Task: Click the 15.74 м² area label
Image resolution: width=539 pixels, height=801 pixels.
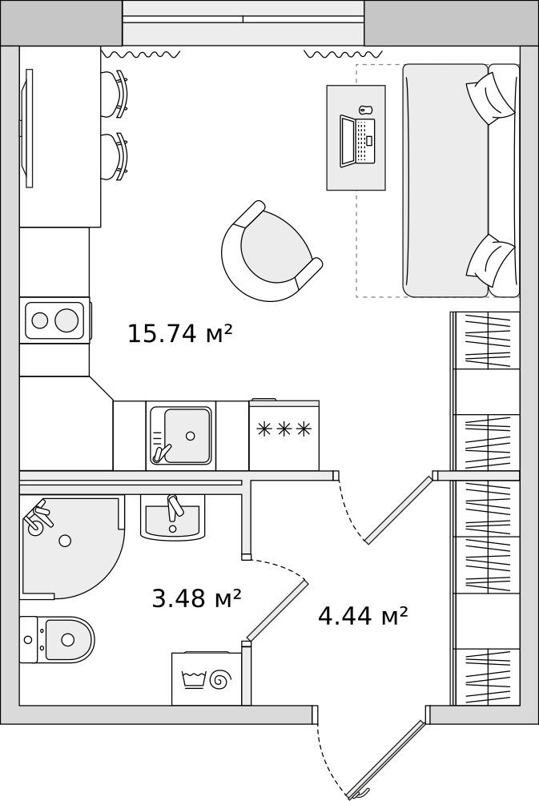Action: [x=179, y=333]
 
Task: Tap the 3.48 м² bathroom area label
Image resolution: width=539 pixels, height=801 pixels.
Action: [x=197, y=598]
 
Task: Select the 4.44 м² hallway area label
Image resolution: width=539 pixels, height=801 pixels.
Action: [x=363, y=615]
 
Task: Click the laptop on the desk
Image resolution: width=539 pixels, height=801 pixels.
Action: [x=357, y=141]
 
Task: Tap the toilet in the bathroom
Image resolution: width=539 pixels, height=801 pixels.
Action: [x=57, y=639]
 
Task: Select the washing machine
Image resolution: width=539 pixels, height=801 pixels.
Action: [x=207, y=678]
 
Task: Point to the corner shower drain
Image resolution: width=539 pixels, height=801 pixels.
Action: [x=65, y=541]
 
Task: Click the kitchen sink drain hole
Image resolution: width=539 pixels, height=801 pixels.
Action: [x=191, y=436]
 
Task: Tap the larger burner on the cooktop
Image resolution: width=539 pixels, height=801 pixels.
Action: [x=67, y=320]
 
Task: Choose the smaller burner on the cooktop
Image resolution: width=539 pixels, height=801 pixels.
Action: [x=40, y=320]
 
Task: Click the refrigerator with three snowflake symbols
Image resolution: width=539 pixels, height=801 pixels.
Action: [x=284, y=435]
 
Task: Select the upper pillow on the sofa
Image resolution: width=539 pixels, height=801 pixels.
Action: [x=489, y=98]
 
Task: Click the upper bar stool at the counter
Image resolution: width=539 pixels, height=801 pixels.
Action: [x=115, y=95]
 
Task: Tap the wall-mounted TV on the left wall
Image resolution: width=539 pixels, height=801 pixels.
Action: [x=27, y=128]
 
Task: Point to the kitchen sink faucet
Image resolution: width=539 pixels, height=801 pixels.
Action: [x=162, y=453]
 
